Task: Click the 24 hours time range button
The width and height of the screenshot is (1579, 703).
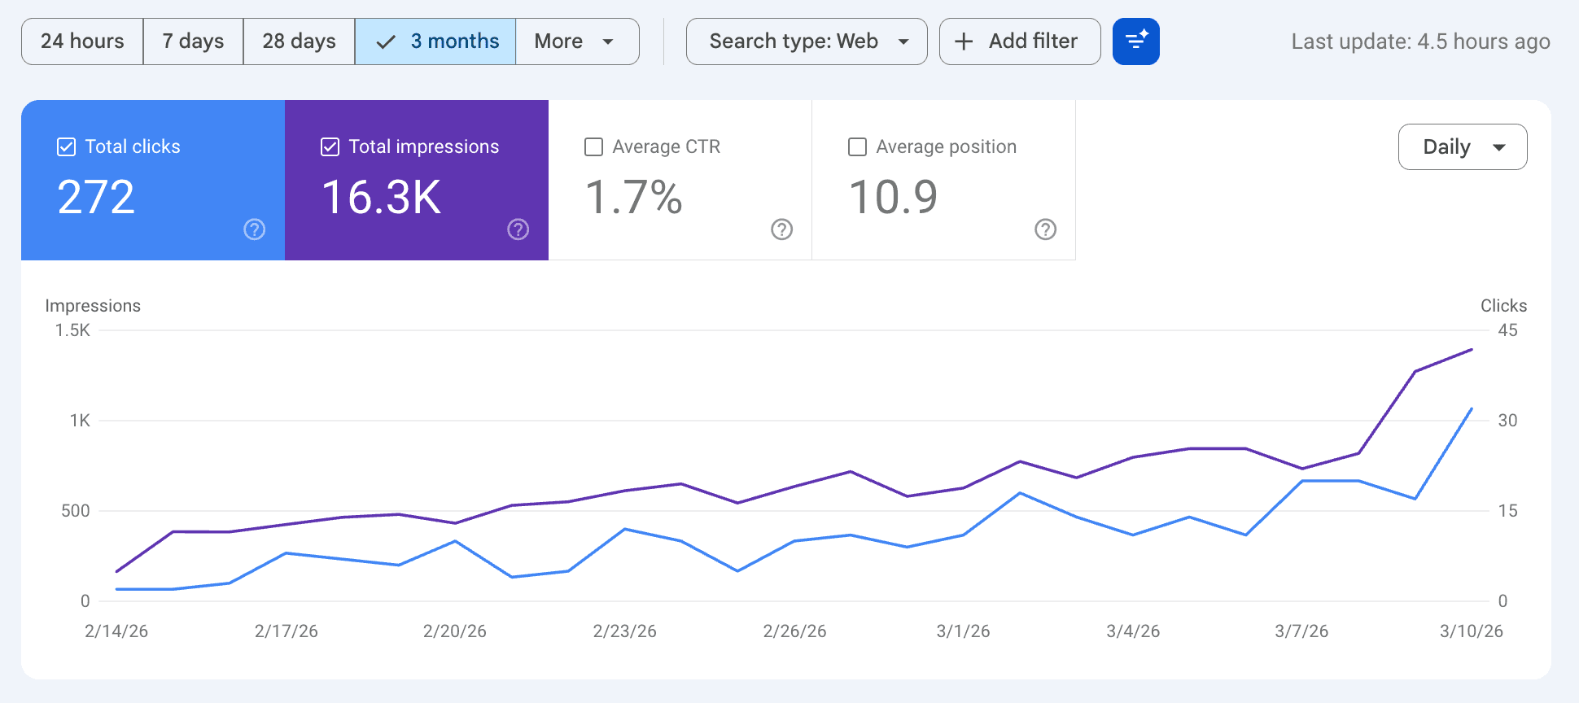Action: coord(82,41)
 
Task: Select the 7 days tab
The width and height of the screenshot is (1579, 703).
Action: coord(193,41)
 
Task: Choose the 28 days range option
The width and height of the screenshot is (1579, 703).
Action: coord(299,41)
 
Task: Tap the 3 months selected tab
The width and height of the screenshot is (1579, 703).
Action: coord(435,41)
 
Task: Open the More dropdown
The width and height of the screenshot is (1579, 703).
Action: coord(576,41)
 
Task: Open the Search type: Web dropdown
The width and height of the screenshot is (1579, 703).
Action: coord(807,41)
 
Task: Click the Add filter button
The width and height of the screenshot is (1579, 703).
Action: coord(1020,41)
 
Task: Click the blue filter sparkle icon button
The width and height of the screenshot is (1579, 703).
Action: coord(1136,41)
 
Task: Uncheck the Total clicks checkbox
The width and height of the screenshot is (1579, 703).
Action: coord(67,147)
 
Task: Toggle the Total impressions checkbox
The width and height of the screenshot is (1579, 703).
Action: coord(330,147)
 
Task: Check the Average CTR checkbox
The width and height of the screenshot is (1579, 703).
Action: coord(594,147)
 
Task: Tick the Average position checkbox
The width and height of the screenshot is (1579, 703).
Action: coord(858,147)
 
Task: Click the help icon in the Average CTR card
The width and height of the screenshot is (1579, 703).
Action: coord(782,229)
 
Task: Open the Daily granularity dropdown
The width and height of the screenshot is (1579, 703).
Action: coord(1463,147)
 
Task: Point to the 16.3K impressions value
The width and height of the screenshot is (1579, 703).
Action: coord(382,198)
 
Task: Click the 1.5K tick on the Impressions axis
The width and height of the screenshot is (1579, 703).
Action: coord(72,330)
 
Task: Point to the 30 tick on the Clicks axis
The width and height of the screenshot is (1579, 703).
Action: coord(1507,421)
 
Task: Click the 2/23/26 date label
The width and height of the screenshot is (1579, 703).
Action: coord(624,631)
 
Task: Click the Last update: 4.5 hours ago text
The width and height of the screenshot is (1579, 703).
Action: coord(1420,41)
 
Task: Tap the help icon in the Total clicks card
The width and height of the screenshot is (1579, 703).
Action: coord(255,229)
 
